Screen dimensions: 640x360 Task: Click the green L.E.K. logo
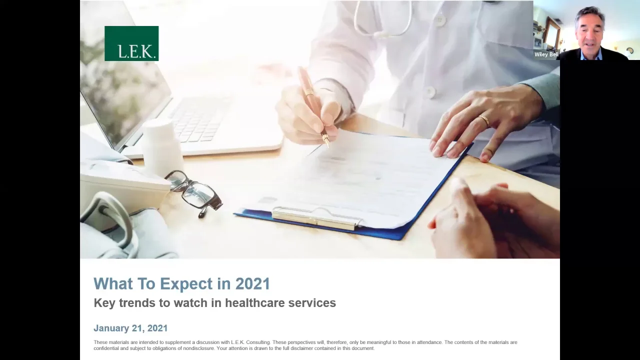131,43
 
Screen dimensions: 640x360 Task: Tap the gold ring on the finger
484,121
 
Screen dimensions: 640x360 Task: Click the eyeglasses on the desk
194,193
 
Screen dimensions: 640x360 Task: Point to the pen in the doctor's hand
313,105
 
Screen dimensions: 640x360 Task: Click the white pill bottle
162,145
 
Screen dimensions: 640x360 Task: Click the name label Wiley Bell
546,54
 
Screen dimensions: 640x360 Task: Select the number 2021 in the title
252,283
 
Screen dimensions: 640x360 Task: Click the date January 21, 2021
130,328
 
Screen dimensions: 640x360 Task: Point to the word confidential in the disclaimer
107,348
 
